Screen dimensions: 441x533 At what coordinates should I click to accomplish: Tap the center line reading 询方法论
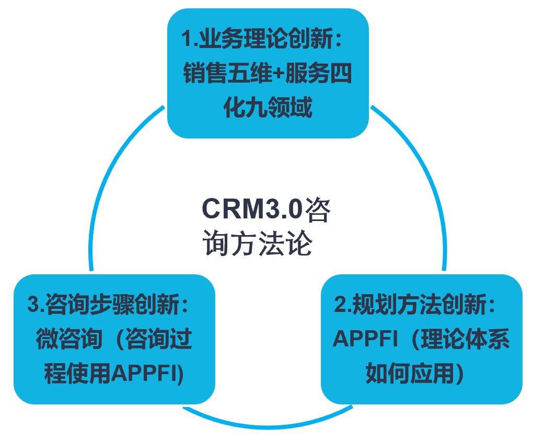coord(258,243)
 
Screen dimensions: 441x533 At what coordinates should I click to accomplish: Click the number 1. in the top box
coord(190,39)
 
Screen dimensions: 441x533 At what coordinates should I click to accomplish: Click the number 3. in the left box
coord(36,305)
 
